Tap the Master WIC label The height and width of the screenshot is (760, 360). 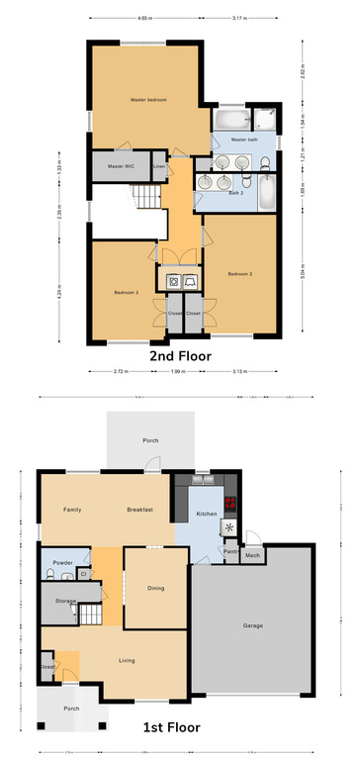pos(122,166)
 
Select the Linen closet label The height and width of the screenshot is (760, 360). pos(159,166)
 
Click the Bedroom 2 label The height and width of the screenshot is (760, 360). pos(240,273)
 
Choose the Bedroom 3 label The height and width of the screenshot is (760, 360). pos(124,293)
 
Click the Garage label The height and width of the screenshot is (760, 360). pos(252,625)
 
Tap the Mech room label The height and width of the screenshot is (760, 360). pos(252,555)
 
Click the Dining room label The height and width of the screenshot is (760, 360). pos(155,588)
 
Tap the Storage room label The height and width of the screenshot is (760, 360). pos(66,601)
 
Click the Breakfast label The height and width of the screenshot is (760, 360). pos(139,509)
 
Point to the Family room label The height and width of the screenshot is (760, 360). pos(72,509)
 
